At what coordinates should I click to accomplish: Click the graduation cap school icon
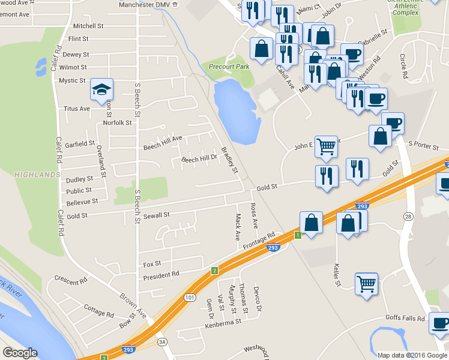tap(102, 91)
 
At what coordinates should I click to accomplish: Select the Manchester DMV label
tap(144, 4)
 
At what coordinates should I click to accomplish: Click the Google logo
tap(20, 353)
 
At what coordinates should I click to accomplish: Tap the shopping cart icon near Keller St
tap(366, 284)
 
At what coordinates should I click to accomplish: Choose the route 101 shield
tap(190, 298)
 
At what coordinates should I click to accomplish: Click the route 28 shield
tap(408, 215)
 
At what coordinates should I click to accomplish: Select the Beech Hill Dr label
tap(199, 158)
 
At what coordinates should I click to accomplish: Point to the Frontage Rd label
tap(259, 241)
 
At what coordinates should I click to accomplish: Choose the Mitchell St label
tap(88, 26)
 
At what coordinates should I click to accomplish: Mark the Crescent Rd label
tap(71, 280)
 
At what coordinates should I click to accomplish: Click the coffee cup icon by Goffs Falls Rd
tap(439, 323)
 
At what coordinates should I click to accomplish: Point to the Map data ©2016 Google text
tap(412, 355)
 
